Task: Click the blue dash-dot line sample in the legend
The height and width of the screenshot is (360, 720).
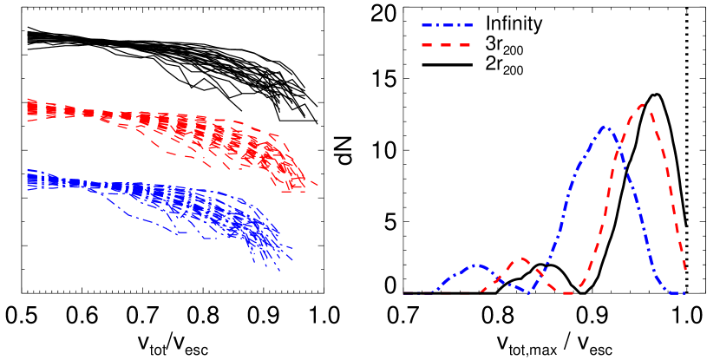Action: coord(447,25)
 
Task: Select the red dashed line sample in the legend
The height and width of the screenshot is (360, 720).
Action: coord(447,44)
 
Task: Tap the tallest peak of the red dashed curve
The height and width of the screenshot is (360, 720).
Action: coord(642,105)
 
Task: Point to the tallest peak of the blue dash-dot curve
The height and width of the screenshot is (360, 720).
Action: coord(605,127)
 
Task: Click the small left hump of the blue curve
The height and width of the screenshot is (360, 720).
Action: coord(476,265)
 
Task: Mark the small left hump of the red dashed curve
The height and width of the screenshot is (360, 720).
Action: coord(522,259)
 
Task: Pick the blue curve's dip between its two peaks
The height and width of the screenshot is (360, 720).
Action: coord(528,292)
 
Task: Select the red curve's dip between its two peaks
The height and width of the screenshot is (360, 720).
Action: coord(568,293)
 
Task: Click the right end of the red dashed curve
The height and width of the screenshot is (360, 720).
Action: coord(686,271)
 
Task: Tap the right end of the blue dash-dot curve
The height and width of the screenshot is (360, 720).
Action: coord(684,293)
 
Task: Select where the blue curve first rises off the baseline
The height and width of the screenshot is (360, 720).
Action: coord(434,291)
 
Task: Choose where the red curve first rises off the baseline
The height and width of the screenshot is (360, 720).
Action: coord(481,291)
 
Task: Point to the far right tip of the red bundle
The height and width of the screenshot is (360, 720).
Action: coord(317,184)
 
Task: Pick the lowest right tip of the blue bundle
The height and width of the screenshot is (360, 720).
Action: coord(279,271)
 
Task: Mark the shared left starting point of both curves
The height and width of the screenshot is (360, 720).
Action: coord(404,293)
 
